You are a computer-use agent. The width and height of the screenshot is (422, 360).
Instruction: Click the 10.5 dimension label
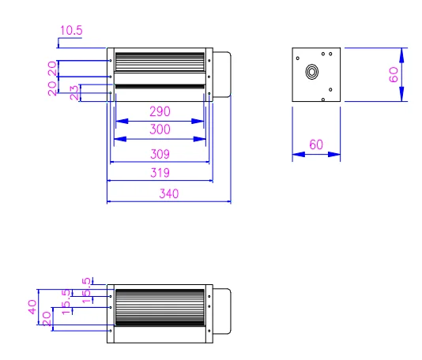(71, 31)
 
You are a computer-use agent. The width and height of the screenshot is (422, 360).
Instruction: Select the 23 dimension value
(73, 92)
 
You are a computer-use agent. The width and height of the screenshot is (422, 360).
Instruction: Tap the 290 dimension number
(160, 111)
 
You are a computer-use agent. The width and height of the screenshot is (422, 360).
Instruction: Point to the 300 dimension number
(160, 129)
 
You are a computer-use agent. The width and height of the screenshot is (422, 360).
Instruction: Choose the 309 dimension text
(160, 154)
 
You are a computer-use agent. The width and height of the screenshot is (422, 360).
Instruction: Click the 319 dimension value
(160, 172)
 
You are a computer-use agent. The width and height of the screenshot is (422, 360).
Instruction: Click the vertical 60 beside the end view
(394, 75)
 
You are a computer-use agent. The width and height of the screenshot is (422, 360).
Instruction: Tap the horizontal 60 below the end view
(316, 144)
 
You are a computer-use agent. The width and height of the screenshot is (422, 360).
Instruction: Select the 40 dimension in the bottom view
(32, 307)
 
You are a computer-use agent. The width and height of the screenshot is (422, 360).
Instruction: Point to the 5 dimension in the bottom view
(89, 280)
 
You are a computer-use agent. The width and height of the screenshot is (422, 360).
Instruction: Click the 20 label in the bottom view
(47, 318)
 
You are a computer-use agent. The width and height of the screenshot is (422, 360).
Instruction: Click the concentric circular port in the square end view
(312, 72)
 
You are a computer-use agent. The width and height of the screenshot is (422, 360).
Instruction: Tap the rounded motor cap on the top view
(222, 75)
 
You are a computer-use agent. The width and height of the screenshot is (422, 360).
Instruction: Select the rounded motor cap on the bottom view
(222, 307)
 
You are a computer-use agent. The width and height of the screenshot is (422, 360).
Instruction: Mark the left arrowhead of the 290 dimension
(119, 122)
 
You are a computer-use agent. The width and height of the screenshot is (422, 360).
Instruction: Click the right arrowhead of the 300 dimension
(202, 140)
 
